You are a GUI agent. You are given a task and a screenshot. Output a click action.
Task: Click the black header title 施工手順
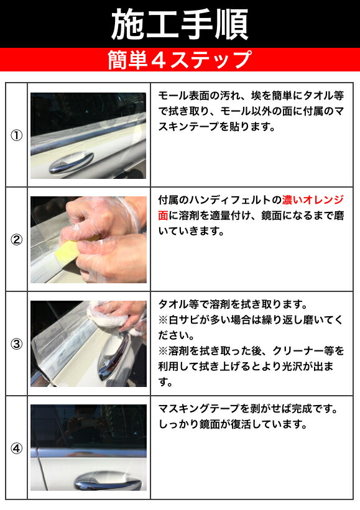click(x=180, y=24)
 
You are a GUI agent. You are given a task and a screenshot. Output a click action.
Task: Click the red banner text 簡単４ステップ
click(x=180, y=60)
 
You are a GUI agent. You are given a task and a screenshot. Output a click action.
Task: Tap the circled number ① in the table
click(x=17, y=135)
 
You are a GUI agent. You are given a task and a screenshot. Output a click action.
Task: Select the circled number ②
click(x=17, y=240)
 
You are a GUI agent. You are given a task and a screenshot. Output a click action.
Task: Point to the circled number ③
click(x=17, y=344)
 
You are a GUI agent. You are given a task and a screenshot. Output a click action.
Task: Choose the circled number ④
click(x=17, y=449)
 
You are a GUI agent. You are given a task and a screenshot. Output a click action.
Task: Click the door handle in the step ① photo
click(x=71, y=162)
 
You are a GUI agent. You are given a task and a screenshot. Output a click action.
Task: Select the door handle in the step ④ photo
click(x=108, y=480)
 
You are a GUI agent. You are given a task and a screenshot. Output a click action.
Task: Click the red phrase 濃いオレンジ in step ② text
click(x=313, y=199)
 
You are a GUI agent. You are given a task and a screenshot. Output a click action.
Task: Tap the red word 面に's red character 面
click(x=163, y=216)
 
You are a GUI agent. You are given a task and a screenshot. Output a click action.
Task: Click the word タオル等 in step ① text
click(x=323, y=95)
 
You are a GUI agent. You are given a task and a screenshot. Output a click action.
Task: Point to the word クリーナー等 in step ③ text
click(x=303, y=350)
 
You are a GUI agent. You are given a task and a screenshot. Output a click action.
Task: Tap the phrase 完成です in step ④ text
click(x=313, y=408)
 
